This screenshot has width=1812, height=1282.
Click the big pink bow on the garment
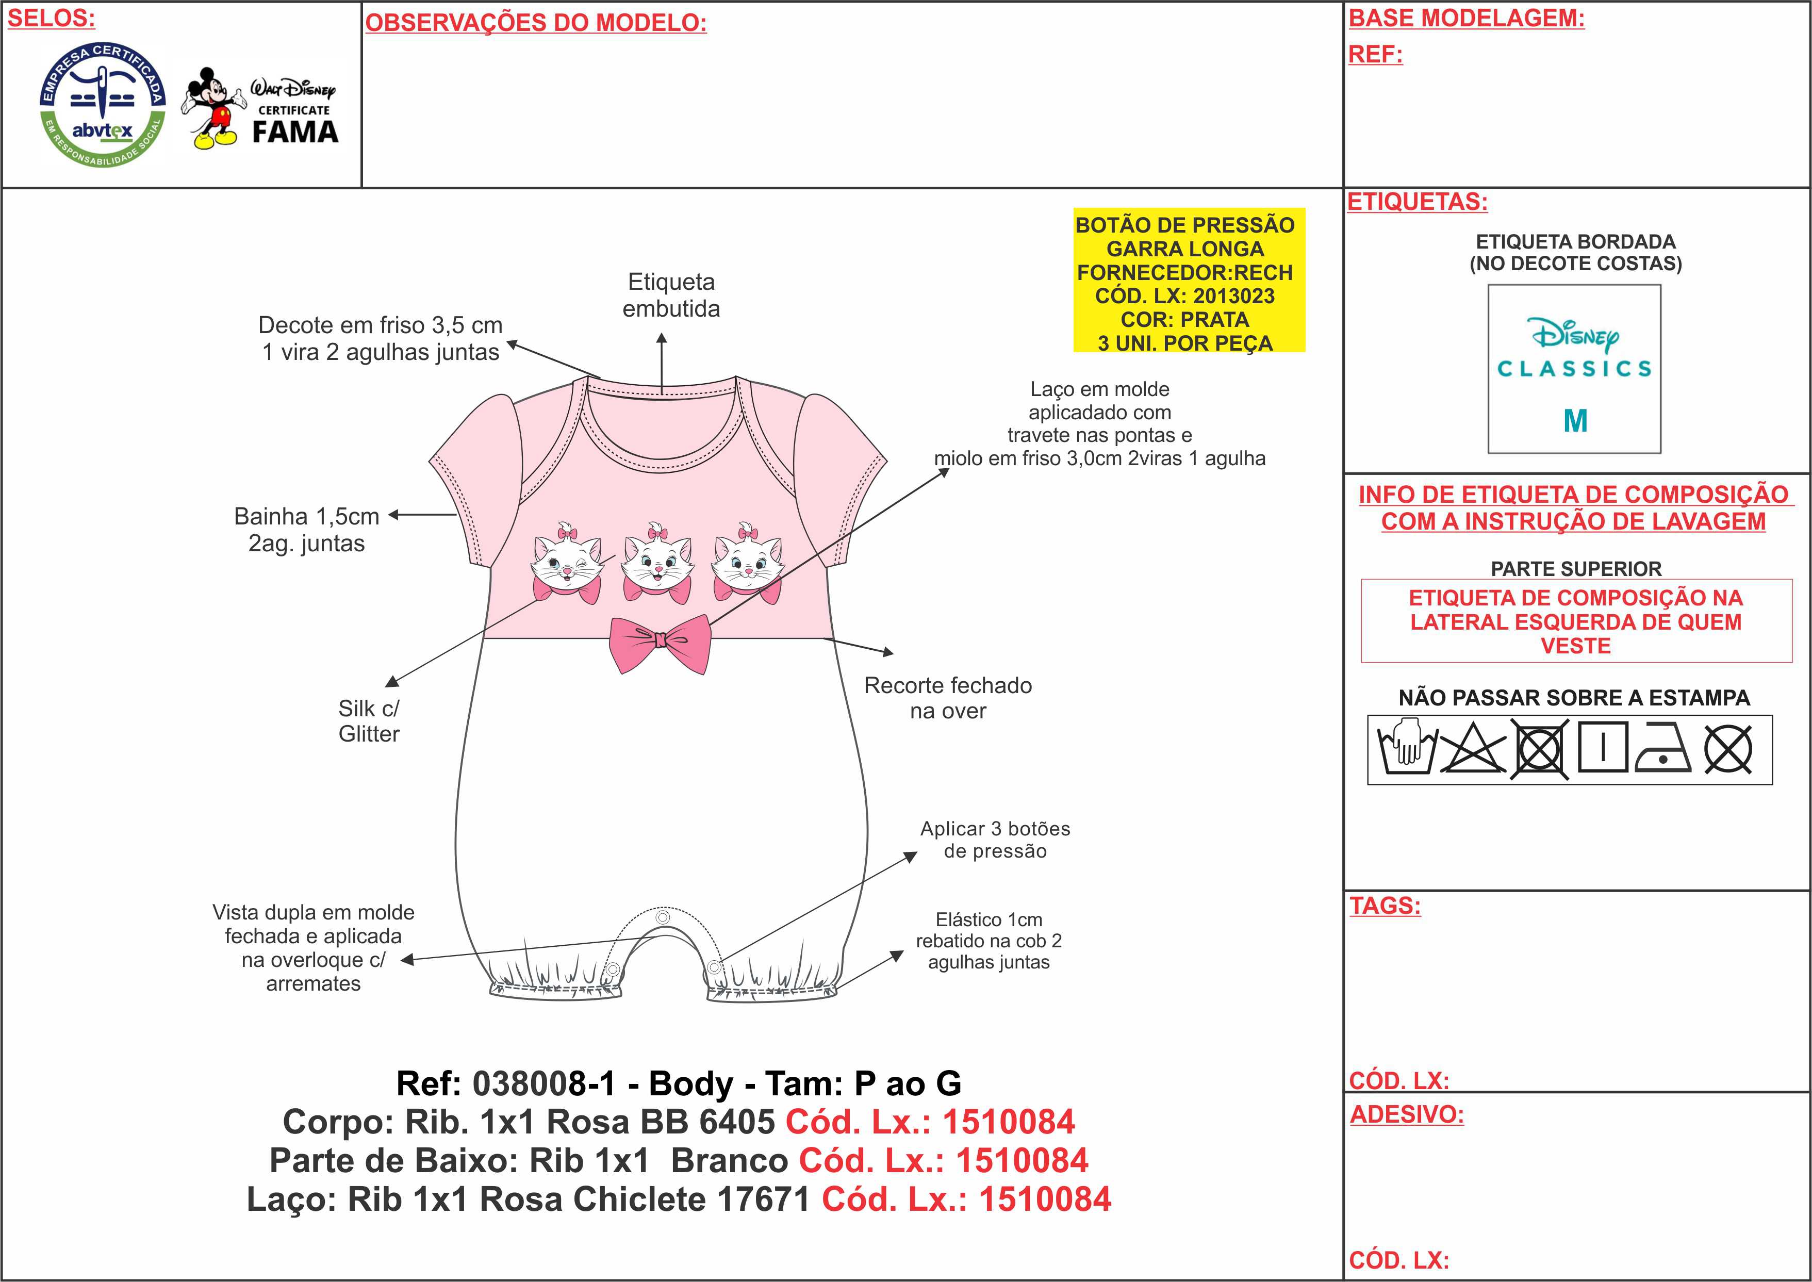click(x=660, y=643)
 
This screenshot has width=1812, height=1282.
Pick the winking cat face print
click(x=567, y=563)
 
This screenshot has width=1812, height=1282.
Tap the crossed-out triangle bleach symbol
click(x=1473, y=748)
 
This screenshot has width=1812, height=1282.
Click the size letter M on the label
click(x=1575, y=421)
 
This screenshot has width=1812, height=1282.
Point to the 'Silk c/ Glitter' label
click(x=369, y=721)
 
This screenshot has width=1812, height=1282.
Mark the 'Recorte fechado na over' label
click(x=948, y=698)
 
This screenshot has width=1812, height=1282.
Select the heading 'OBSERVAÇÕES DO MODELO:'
click(x=536, y=23)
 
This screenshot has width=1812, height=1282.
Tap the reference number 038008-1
click(x=544, y=1084)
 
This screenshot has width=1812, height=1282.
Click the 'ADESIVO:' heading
click(x=1406, y=1114)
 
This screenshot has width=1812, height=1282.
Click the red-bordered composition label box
click(x=1576, y=621)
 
